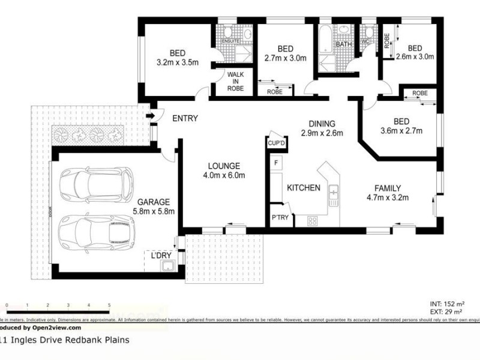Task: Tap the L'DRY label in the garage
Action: pos(160,255)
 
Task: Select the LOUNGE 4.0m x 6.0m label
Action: pos(224,170)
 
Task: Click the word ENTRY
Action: pos(185,119)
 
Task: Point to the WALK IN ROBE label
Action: pos(234,81)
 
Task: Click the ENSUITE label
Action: pos(230,41)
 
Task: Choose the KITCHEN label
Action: pos(303,188)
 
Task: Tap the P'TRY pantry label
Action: pos(280,217)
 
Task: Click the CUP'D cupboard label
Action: pos(276,143)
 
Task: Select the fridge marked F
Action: pos(276,163)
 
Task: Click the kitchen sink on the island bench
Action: pos(334,193)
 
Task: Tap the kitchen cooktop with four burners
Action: pos(313,221)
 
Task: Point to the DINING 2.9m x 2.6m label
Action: pos(322,128)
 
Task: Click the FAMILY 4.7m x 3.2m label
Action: pos(388,192)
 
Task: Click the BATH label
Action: pos(344,44)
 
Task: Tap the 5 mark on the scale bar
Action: pos(109,305)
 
